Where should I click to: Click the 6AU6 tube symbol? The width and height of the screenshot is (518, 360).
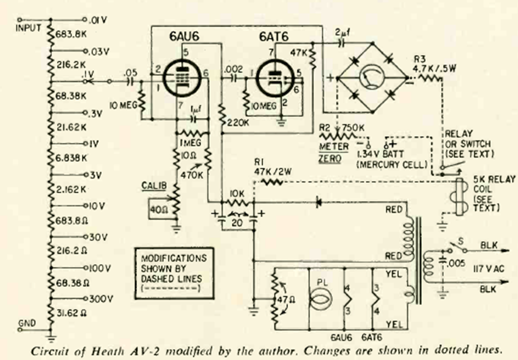click(x=178, y=74)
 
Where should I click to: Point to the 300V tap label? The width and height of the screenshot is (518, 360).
click(x=102, y=299)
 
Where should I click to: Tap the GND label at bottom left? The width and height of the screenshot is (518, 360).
click(x=26, y=321)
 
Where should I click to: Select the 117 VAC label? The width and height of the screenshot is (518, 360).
click(x=489, y=266)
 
